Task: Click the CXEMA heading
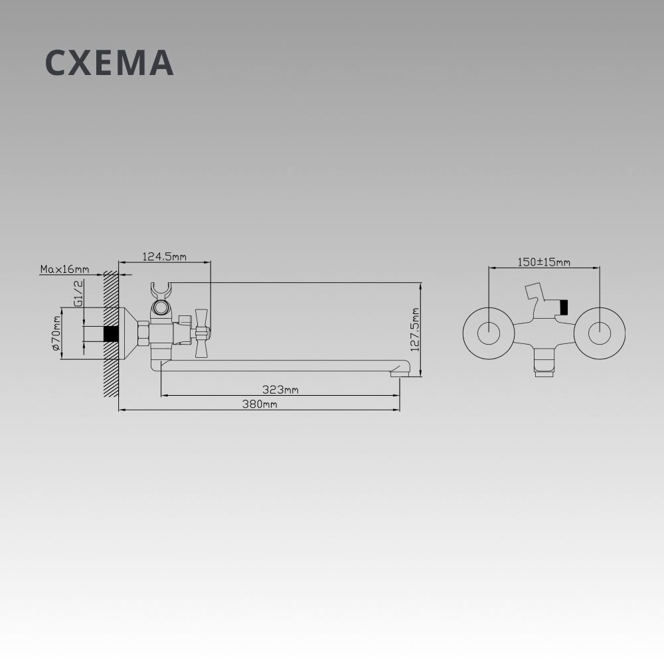(110, 62)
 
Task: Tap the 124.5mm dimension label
(164, 256)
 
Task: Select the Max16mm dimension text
(65, 269)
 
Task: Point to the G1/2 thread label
(78, 293)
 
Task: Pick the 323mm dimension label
(280, 389)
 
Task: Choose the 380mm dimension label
(260, 404)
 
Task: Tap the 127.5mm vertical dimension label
(414, 329)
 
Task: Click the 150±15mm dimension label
(544, 262)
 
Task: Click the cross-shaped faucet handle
(202, 333)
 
